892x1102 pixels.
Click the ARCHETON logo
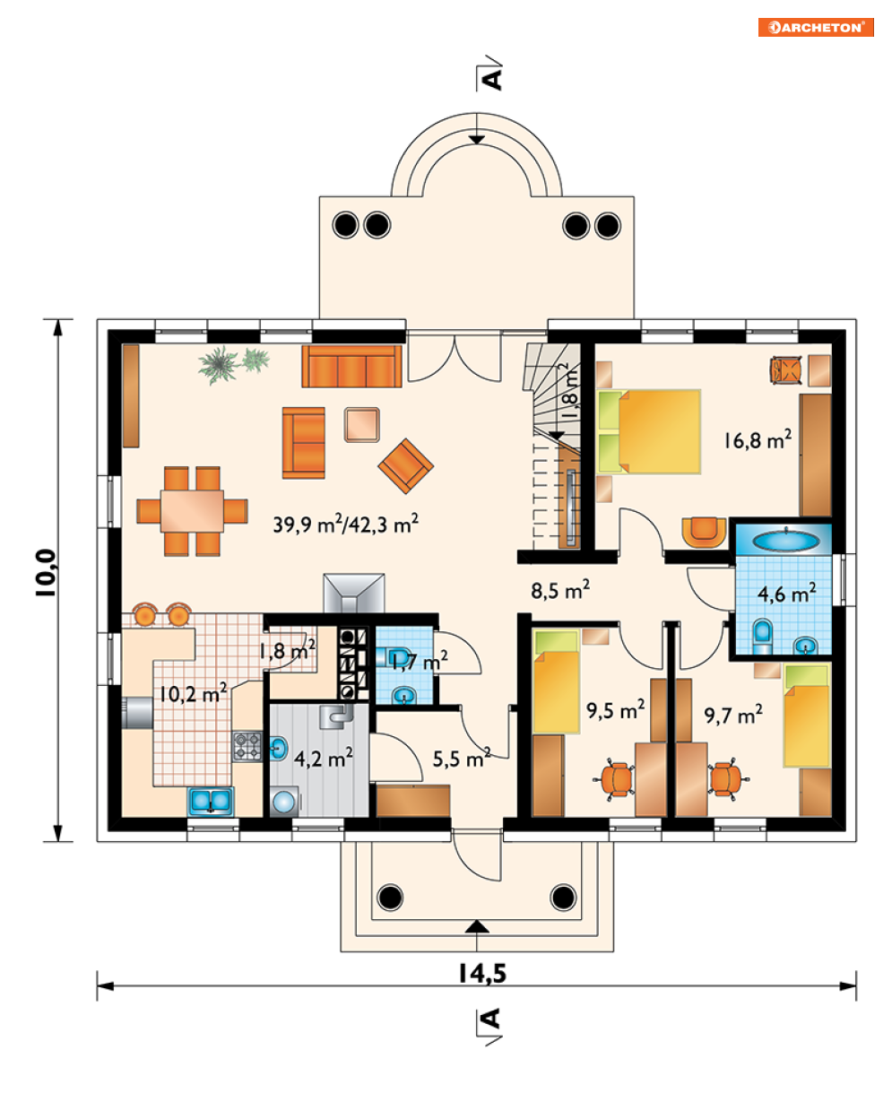pyautogui.click(x=816, y=28)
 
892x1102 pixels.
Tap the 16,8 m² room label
pyautogui.click(x=757, y=439)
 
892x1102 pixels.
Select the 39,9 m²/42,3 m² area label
pyautogui.click(x=345, y=523)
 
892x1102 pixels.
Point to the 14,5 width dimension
pyautogui.click(x=482, y=973)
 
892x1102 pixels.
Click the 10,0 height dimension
pyautogui.click(x=46, y=572)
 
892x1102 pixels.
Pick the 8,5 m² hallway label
pyautogui.click(x=560, y=589)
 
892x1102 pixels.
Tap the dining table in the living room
pyautogui.click(x=192, y=510)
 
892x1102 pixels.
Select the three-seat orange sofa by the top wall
pyautogui.click(x=351, y=367)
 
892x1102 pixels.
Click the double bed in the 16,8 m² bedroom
pyautogui.click(x=649, y=431)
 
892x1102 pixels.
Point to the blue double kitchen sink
pyautogui.click(x=211, y=801)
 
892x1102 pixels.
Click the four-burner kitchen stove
pyautogui.click(x=247, y=747)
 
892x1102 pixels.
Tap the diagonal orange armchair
pyautogui.click(x=406, y=465)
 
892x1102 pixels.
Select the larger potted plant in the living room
pyautogui.click(x=218, y=365)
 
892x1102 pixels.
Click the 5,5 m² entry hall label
pyautogui.click(x=462, y=759)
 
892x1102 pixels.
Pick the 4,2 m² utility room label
pyautogui.click(x=324, y=758)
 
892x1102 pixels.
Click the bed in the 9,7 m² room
pyautogui.click(x=807, y=716)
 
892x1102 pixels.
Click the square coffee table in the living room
pyautogui.click(x=362, y=425)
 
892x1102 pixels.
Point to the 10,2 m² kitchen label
pyautogui.click(x=193, y=693)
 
